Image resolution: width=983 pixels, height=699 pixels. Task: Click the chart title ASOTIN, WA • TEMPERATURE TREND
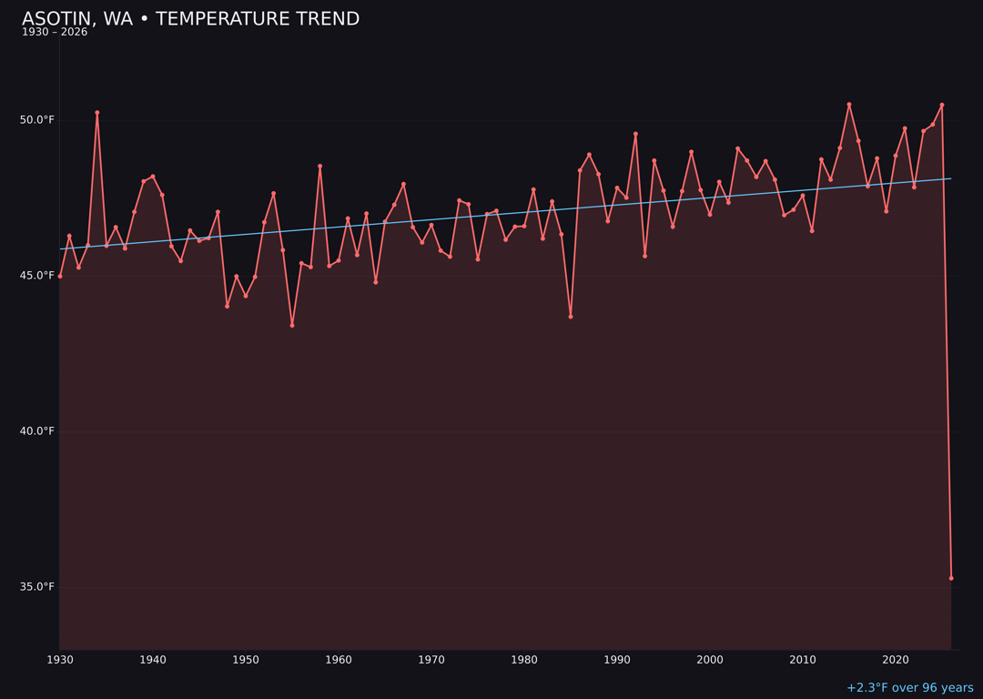190,19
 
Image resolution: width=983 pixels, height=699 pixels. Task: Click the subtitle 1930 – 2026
55,33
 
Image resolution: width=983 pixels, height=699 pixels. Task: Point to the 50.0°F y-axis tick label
37,120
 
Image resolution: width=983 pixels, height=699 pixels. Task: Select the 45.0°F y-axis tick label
37,276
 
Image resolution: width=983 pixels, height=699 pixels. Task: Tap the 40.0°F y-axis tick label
37,431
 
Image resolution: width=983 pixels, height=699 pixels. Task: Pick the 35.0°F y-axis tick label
37,587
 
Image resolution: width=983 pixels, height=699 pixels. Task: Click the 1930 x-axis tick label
60,660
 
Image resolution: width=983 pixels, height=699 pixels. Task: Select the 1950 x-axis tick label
246,660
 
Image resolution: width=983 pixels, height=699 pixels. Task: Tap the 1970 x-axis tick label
431,660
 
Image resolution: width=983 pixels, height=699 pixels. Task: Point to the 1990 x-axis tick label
617,660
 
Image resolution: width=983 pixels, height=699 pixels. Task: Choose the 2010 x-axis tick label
803,660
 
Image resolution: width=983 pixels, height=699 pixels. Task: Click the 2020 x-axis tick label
896,660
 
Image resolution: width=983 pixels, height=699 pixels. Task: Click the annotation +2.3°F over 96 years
909,688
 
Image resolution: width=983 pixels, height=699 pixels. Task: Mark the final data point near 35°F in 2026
951,578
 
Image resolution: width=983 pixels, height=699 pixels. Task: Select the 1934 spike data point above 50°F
97,113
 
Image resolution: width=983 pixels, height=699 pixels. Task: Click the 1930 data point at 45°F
60,276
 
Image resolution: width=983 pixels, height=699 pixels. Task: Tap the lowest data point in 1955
292,325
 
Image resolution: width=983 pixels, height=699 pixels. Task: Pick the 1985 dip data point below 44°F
571,317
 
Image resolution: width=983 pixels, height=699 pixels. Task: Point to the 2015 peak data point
849,105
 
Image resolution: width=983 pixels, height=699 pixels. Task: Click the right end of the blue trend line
951,178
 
